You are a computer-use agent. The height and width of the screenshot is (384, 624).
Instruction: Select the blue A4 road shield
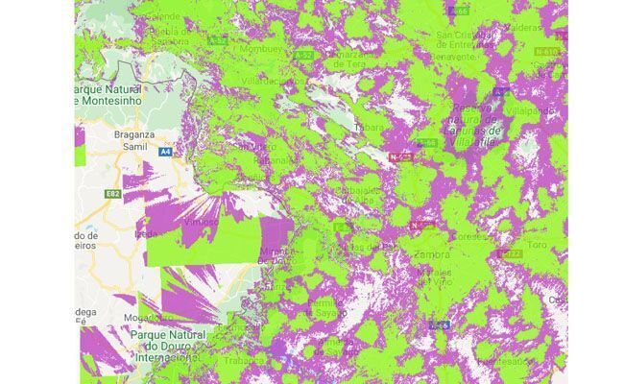(x=166, y=151)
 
